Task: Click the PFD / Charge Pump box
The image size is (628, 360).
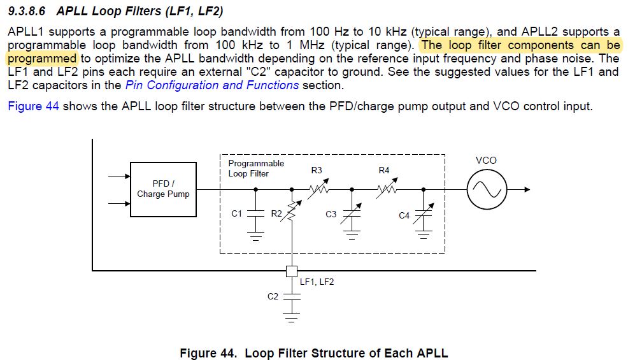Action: (163, 189)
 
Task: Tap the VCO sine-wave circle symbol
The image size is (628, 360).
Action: (487, 189)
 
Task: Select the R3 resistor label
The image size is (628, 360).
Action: (317, 171)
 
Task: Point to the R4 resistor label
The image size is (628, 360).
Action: (383, 171)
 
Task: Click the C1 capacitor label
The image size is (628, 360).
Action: (237, 214)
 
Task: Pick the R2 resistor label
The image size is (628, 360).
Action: (276, 214)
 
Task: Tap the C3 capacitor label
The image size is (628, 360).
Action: (331, 215)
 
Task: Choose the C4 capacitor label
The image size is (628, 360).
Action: (404, 215)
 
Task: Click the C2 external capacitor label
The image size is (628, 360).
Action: (273, 296)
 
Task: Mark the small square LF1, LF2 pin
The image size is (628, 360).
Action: (292, 271)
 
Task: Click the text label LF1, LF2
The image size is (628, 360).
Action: (317, 282)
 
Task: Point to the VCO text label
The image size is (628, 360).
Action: (486, 161)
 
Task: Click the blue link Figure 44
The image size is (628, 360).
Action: (33, 106)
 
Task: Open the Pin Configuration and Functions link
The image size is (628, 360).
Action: (212, 85)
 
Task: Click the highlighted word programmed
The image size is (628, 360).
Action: (41, 59)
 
